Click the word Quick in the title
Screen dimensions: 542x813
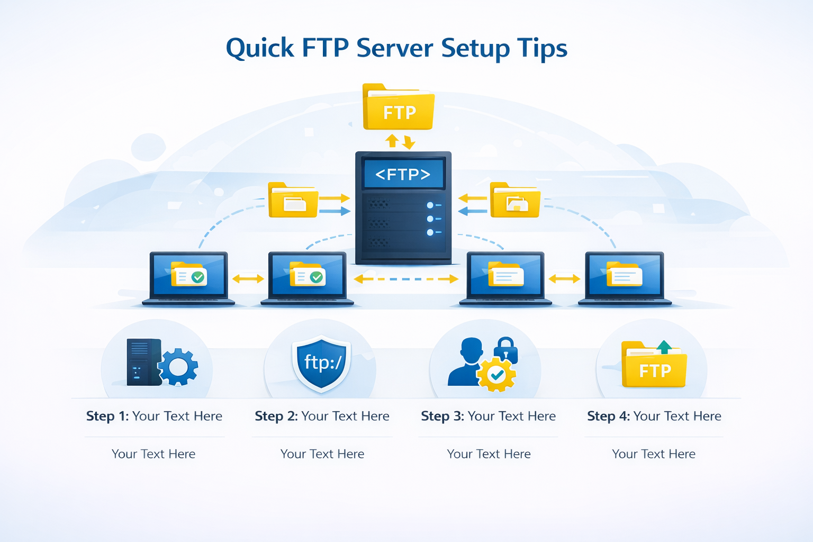(x=259, y=49)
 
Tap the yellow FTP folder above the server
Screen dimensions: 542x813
(x=399, y=109)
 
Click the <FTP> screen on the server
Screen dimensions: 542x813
(x=403, y=174)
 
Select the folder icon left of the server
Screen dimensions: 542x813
(x=293, y=201)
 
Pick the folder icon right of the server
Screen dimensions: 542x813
(x=514, y=201)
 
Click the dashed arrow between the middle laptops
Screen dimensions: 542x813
(x=406, y=279)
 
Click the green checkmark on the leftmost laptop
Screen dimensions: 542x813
(x=198, y=277)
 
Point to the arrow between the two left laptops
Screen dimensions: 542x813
(x=248, y=279)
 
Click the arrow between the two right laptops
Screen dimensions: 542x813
(x=564, y=279)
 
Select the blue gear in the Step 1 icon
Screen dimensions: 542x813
(x=178, y=366)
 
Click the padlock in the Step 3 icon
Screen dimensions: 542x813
(x=505, y=350)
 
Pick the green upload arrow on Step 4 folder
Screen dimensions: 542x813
(x=664, y=347)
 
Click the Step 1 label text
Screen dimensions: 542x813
(x=154, y=416)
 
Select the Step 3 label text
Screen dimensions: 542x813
(x=488, y=416)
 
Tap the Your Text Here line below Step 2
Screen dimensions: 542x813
(x=322, y=454)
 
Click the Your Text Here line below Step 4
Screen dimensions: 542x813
(x=653, y=454)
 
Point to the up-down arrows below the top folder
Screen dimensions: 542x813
(x=400, y=141)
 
